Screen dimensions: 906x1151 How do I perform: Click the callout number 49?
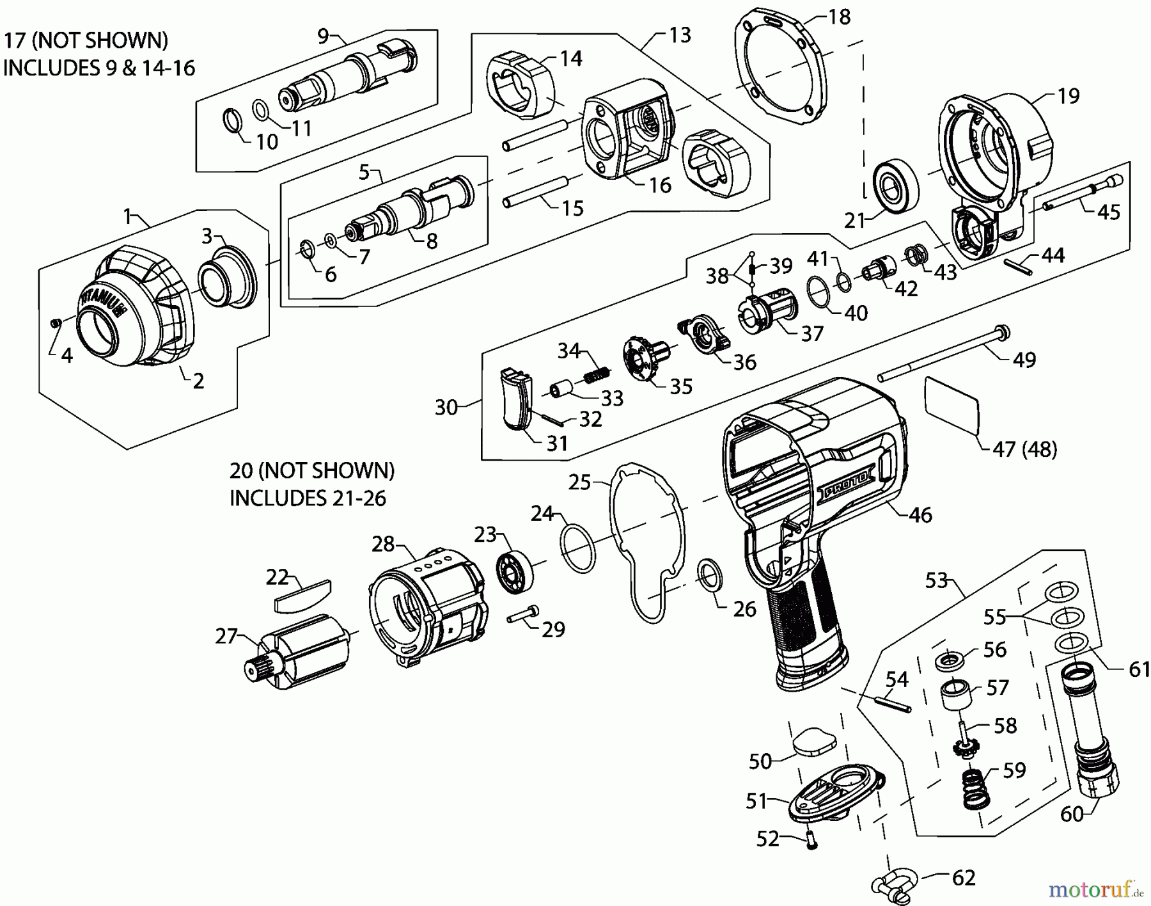click(1024, 360)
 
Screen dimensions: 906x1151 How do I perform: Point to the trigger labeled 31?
click(516, 399)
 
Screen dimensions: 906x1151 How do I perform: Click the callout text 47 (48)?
click(1024, 449)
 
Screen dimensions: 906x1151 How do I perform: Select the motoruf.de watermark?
click(1095, 889)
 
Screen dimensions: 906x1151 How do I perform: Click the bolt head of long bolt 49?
click(1001, 331)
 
